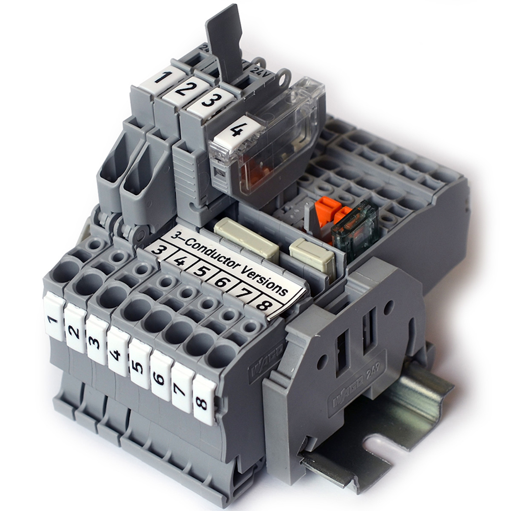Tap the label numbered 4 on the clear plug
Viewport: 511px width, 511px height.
pyautogui.click(x=235, y=132)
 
